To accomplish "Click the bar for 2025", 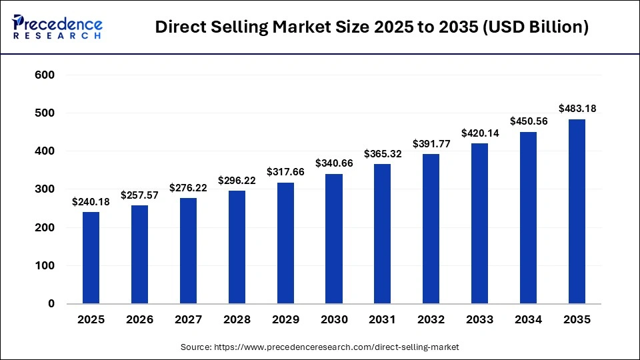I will (x=91, y=258).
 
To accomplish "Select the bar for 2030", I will (x=334, y=239).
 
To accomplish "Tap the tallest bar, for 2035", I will (x=577, y=211).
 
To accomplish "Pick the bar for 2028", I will (x=237, y=247).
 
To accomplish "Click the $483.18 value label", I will (x=577, y=108).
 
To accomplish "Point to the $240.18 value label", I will (x=91, y=201).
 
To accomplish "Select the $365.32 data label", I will (x=383, y=153).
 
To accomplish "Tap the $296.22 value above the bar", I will (x=237, y=180).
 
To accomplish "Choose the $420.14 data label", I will (x=479, y=132).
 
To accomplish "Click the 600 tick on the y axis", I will (x=45, y=75).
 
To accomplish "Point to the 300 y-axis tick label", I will (x=45, y=189).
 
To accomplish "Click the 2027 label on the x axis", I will (x=188, y=320).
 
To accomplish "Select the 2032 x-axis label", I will (x=431, y=320).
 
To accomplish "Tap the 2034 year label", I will (x=528, y=320).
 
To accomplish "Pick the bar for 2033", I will (x=479, y=224).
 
